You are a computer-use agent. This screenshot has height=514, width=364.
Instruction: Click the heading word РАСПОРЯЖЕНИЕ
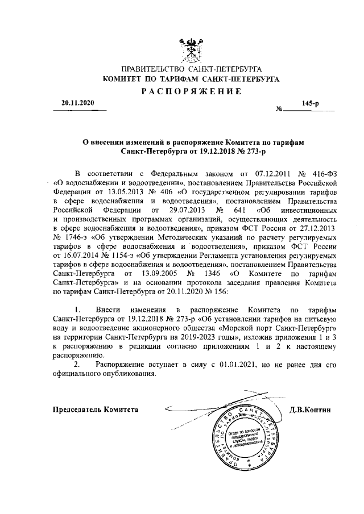[x=191, y=92]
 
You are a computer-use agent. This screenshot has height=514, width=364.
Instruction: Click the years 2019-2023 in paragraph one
[x=210, y=337]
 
